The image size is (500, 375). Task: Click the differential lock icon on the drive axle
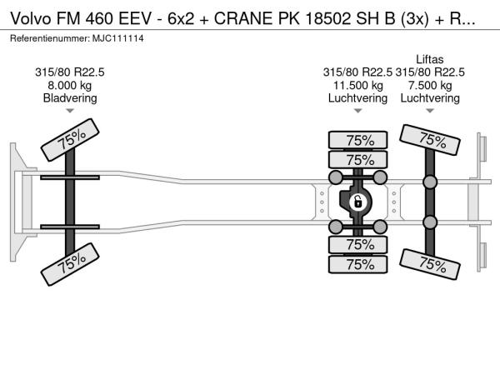(x=357, y=202)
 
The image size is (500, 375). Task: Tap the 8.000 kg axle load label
(x=69, y=86)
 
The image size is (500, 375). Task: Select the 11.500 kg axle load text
(x=357, y=86)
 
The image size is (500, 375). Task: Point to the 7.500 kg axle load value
(x=430, y=86)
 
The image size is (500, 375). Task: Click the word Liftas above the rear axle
(x=429, y=59)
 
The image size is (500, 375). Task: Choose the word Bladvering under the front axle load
(x=70, y=97)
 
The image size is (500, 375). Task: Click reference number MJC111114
(x=118, y=38)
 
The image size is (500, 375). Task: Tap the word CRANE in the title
(x=243, y=19)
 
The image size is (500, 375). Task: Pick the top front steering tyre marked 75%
(x=70, y=140)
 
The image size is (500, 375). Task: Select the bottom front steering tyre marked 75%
(x=70, y=264)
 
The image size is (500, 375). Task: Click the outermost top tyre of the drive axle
(x=357, y=140)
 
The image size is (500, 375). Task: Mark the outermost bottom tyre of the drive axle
(x=357, y=264)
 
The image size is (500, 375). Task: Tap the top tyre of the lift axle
(x=429, y=140)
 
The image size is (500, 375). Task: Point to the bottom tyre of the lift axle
(x=429, y=264)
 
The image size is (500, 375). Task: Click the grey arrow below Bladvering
(x=70, y=111)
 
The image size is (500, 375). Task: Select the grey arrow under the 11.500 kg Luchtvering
(x=357, y=111)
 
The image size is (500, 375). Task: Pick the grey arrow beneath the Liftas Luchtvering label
(x=430, y=111)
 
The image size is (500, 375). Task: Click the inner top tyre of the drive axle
(x=357, y=160)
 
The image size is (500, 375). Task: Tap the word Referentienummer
(x=50, y=38)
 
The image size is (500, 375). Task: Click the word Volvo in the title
(x=31, y=19)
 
